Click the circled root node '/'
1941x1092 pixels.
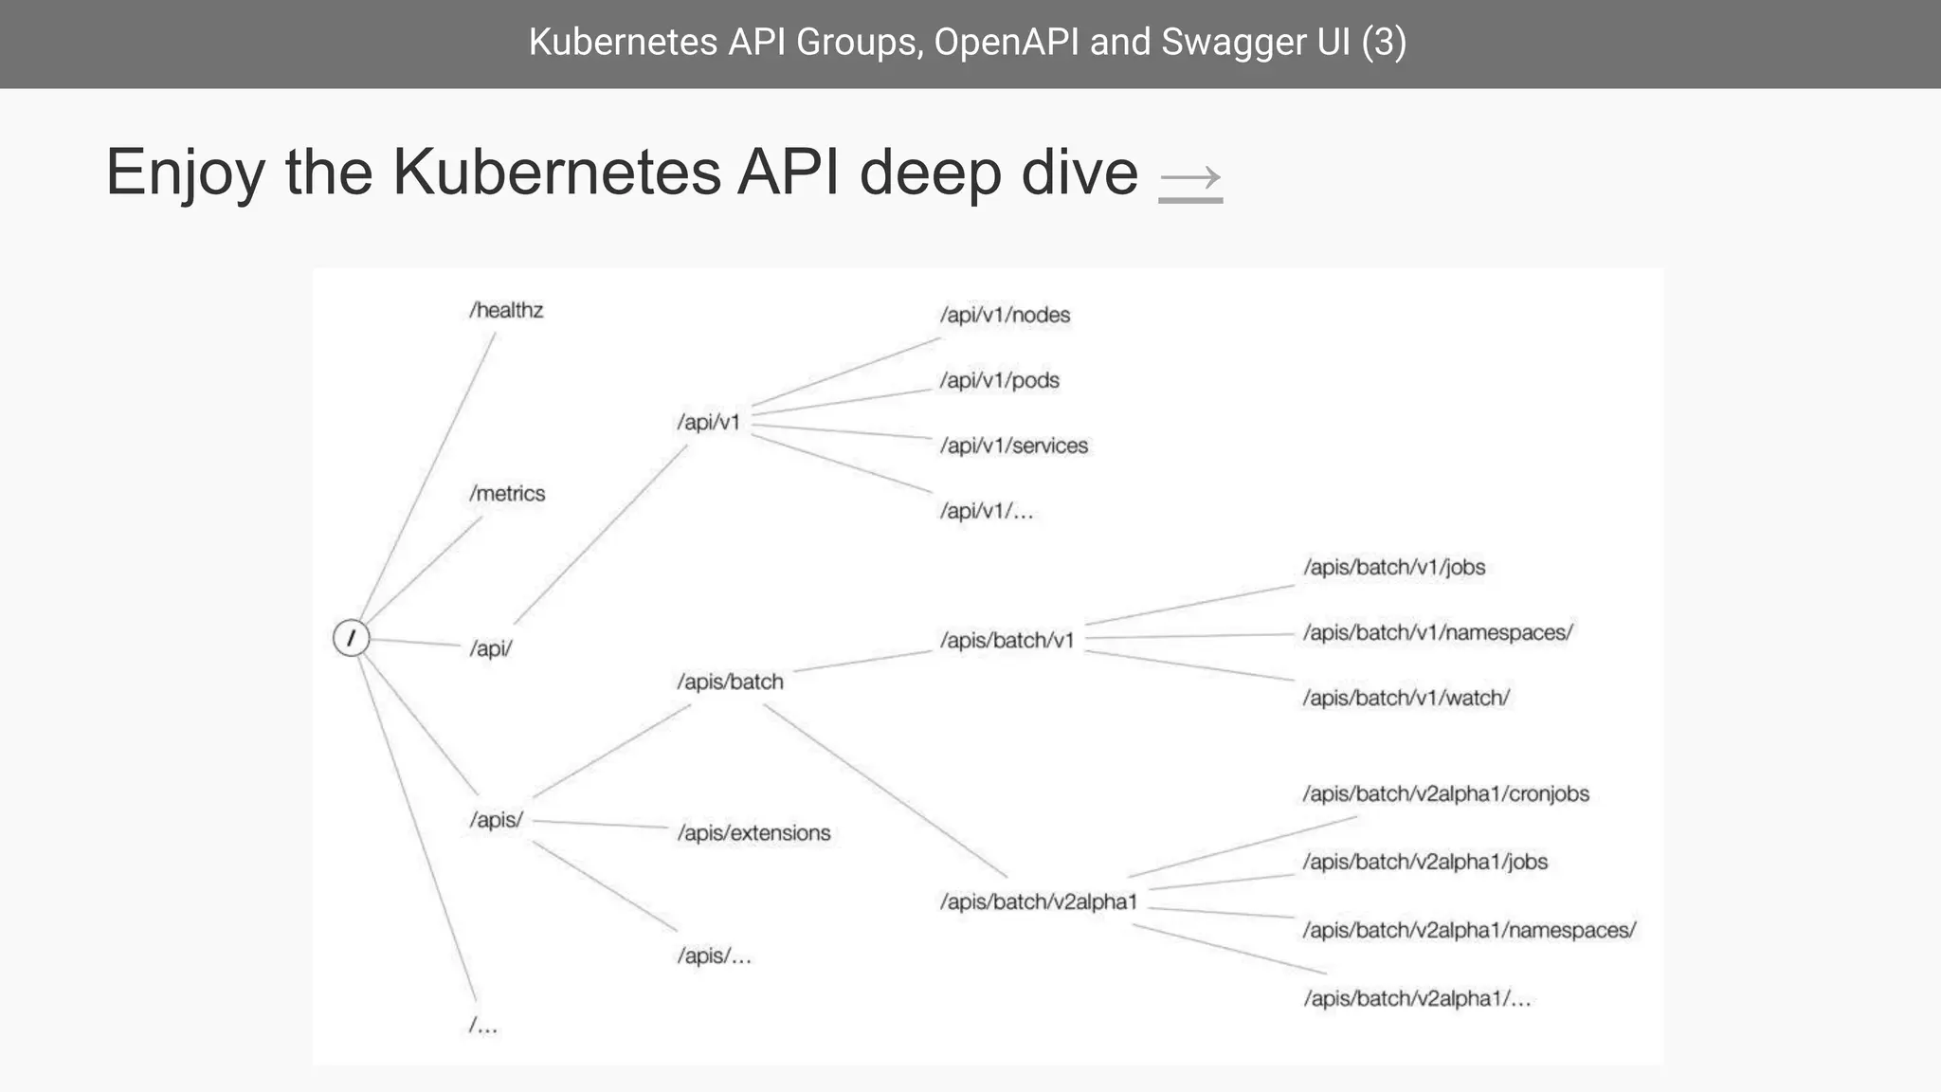[351, 638]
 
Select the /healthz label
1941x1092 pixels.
[506, 311]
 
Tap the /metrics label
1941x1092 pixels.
[507, 494]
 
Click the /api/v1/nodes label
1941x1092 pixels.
[1005, 316]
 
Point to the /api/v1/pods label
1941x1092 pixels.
[999, 381]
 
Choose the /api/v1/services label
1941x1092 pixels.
[1013, 446]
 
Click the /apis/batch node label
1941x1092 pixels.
[730, 682]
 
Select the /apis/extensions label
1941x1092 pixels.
[753, 833]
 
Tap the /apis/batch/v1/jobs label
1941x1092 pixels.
[1393, 568]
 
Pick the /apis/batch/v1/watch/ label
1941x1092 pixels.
[1406, 699]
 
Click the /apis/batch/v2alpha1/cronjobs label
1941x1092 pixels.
[1445, 794]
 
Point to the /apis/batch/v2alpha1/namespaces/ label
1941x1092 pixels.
[1468, 931]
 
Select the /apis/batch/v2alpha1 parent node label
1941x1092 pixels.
[1038, 902]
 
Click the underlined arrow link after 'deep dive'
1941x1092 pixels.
[1190, 178]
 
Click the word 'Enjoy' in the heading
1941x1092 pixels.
[185, 173]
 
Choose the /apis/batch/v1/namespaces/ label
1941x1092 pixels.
[1437, 633]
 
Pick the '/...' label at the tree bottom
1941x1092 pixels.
[483, 1026]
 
